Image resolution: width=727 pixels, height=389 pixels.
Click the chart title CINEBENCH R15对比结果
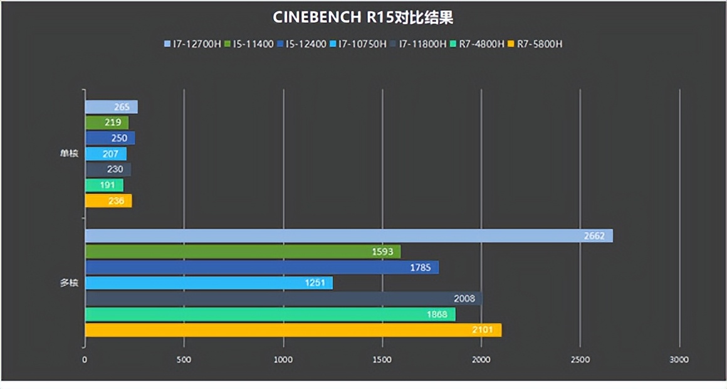point(363,17)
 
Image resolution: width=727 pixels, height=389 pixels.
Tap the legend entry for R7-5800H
point(534,44)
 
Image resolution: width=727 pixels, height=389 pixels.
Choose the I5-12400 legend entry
point(305,44)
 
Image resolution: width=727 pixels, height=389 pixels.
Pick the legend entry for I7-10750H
point(362,44)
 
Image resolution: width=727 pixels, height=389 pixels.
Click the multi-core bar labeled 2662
point(348,235)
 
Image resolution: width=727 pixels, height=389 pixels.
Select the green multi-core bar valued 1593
point(242,252)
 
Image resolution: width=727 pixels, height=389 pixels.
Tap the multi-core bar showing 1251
point(208,283)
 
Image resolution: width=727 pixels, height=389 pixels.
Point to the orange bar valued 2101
point(293,330)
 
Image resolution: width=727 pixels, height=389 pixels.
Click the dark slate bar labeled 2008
point(283,299)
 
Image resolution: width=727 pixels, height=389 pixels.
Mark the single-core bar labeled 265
point(111,107)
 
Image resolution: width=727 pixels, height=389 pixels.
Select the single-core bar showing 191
point(104,185)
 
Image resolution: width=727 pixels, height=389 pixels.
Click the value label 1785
point(420,267)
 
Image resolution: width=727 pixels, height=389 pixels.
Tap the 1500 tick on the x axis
point(382,360)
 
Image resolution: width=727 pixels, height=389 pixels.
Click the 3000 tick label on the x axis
point(679,360)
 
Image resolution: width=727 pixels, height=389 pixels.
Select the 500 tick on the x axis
point(184,360)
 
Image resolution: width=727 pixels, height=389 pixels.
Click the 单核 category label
point(69,154)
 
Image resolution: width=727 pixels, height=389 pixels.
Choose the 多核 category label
point(69,283)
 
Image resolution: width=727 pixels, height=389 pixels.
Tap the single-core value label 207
point(110,154)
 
